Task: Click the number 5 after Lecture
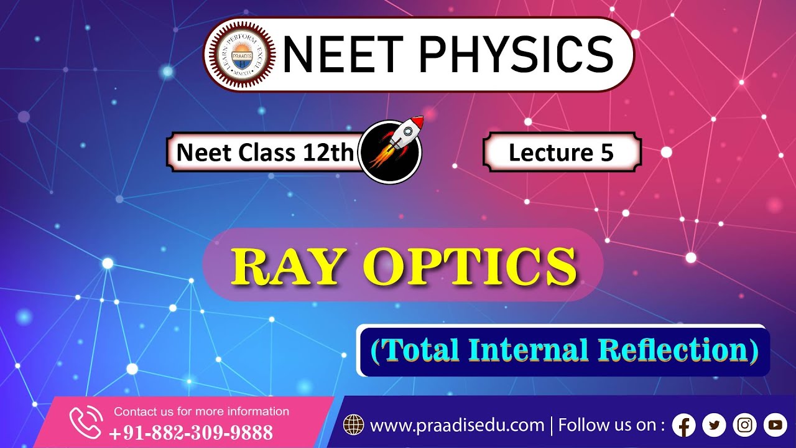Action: point(608,152)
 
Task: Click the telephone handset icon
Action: point(85,422)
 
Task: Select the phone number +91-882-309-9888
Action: point(191,432)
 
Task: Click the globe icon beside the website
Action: point(353,426)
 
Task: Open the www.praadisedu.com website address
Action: point(457,426)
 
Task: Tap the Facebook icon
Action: point(684,426)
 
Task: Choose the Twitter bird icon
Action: point(714,426)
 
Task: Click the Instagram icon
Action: point(744,426)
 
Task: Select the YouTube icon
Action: point(775,426)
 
